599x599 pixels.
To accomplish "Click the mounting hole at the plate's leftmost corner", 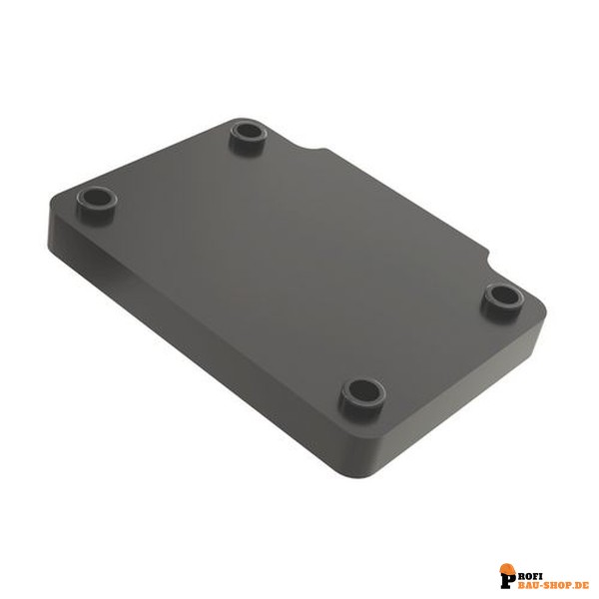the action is [96, 201].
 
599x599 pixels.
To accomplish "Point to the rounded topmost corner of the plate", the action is [241, 120].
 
